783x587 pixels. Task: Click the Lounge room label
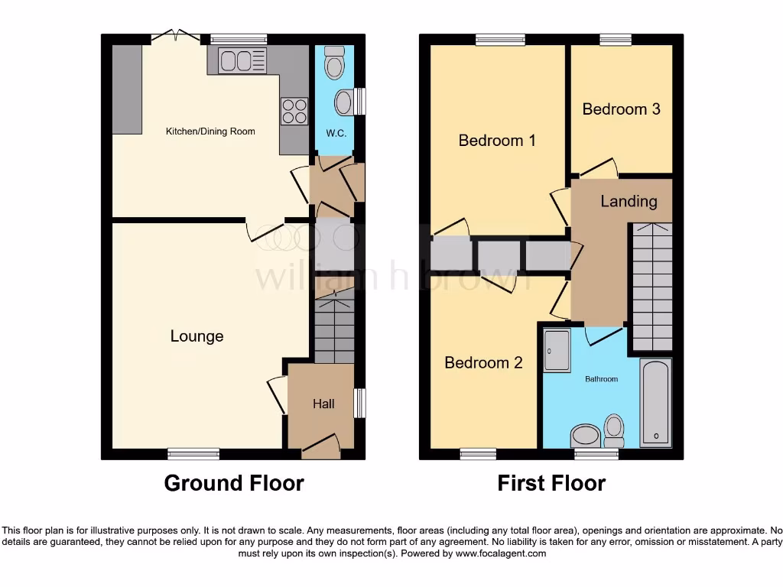[x=197, y=336]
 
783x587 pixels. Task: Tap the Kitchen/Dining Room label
[x=210, y=131]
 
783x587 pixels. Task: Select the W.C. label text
[x=336, y=133]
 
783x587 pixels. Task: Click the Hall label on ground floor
[x=323, y=404]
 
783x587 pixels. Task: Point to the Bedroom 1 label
[x=496, y=141]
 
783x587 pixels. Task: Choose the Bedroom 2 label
[x=483, y=362]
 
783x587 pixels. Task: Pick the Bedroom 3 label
[x=621, y=109]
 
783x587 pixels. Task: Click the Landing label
[x=629, y=201]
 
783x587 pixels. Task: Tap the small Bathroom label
[x=601, y=379]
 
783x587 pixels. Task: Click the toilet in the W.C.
[x=335, y=62]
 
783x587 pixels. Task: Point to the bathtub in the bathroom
[x=655, y=403]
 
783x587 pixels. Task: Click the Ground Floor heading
[x=234, y=484]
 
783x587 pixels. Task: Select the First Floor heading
[x=551, y=484]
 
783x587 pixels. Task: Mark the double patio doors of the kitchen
[x=175, y=35]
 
